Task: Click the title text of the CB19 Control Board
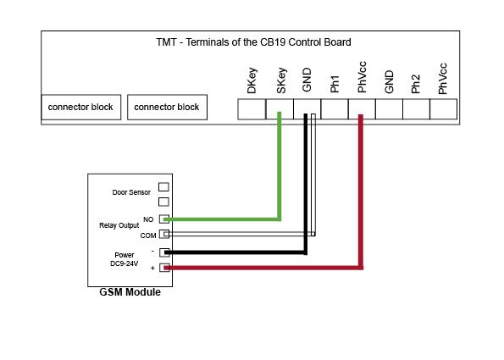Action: pos(253,42)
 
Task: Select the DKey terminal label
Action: pos(252,80)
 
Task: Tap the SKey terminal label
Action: pos(280,80)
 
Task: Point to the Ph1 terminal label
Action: pos(335,84)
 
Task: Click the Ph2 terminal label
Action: pos(416,84)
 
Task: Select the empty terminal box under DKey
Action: pos(252,109)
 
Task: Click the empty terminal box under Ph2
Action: pos(416,109)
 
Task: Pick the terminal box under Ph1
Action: pos(335,109)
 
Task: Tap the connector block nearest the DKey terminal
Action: pos(167,107)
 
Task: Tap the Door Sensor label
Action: pos(131,192)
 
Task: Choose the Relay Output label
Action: pos(119,225)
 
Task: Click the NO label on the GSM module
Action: pos(148,219)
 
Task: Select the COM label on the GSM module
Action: pos(148,235)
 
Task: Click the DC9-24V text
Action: pos(124,263)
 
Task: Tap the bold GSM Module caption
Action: pos(130,292)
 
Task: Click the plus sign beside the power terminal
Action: pos(152,268)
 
